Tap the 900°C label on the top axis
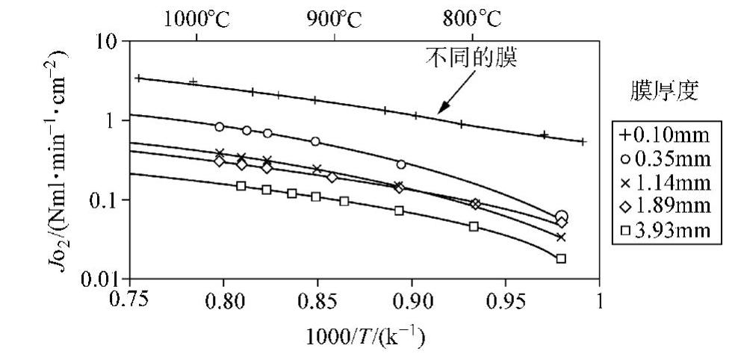coord(334,18)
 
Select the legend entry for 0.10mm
coord(666,137)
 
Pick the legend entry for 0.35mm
coord(666,159)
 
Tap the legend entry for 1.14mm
coord(666,181)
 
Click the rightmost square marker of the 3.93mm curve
coord(561,258)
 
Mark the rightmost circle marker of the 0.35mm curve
coord(561,216)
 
